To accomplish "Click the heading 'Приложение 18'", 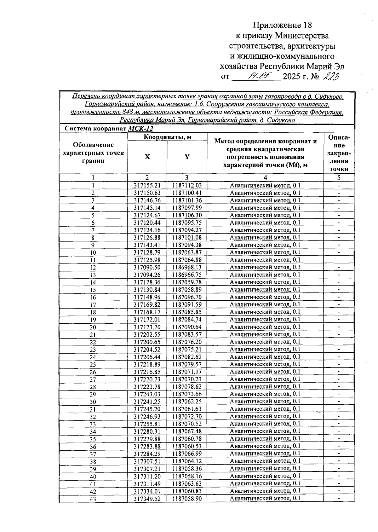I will coord(283,25).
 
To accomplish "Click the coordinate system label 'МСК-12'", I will coord(140,129).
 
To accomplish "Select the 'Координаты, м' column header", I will coord(167,137).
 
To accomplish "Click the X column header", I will coord(147,157).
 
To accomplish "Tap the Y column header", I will coord(187,157).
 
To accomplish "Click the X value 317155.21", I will coord(147,185).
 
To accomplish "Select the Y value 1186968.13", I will coord(187,267).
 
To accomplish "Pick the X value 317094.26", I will coord(147,275).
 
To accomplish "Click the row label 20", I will coord(93,327).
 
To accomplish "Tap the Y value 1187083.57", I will coord(187,334).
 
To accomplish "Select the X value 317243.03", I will coord(147,394).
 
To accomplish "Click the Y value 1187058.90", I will coord(187,498).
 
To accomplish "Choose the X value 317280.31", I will coord(147,431).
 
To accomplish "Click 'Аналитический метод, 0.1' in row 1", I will coord(265,185).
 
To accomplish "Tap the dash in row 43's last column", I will coord(339,498).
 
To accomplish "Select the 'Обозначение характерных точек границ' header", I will coord(93,153).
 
